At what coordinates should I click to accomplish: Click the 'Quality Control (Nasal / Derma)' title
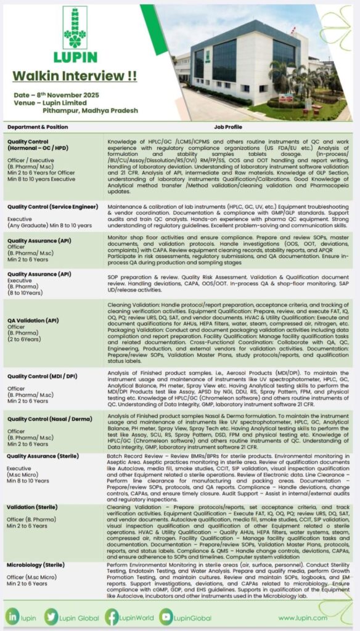click(x=47, y=419)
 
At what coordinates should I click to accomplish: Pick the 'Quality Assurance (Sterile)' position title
click(x=43, y=456)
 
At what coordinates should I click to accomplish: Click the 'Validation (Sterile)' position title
click(x=33, y=507)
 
